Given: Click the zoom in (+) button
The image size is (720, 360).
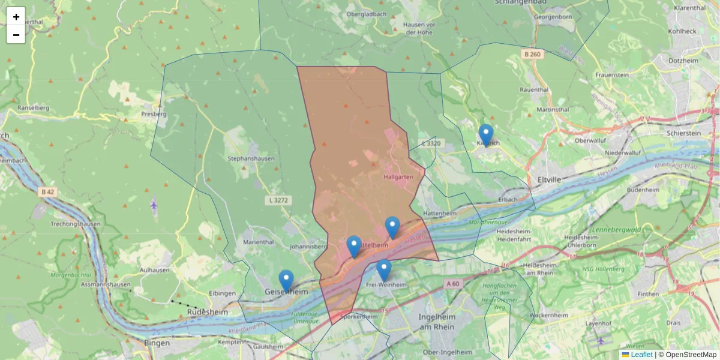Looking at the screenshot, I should pyautogui.click(x=16, y=17).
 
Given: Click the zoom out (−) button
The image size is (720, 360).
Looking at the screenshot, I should pyautogui.click(x=16, y=35).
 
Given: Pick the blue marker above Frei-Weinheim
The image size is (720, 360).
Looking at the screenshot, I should pyautogui.click(x=384, y=270).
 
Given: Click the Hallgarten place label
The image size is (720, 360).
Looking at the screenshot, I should pyautogui.click(x=398, y=177).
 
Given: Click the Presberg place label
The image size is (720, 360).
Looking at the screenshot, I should pyautogui.click(x=154, y=113).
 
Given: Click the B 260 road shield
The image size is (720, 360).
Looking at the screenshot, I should pyautogui.click(x=532, y=55).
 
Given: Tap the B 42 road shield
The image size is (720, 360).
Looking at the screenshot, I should pyautogui.click(x=48, y=192).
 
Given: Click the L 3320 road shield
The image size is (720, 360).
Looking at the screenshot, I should pyautogui.click(x=431, y=143).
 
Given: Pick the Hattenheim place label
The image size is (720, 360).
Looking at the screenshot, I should pyautogui.click(x=440, y=213).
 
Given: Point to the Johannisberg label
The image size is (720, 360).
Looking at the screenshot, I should pyautogui.click(x=308, y=246).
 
